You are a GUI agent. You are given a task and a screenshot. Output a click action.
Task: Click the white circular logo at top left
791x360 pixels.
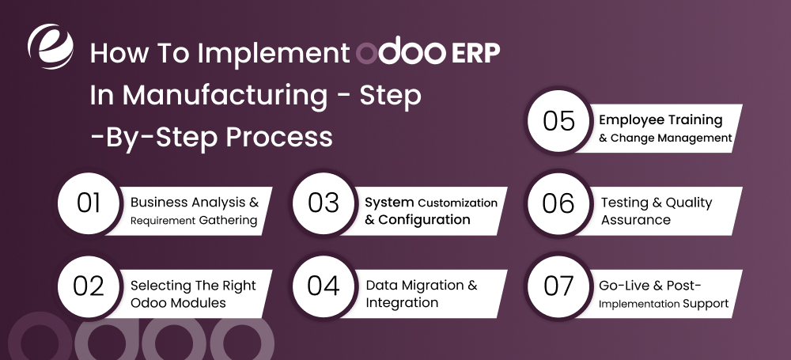point(50,47)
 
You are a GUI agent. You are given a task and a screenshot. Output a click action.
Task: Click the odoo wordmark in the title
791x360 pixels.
point(401,53)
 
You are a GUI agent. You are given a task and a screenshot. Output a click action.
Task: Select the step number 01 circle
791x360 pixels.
point(89,203)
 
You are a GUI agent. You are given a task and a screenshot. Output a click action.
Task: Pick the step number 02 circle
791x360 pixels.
point(89,286)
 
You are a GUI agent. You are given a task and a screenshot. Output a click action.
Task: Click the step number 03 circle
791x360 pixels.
point(323,203)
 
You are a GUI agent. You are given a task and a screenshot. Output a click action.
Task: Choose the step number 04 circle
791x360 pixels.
point(323,286)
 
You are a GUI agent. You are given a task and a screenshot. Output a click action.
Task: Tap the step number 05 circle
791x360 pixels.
point(558,121)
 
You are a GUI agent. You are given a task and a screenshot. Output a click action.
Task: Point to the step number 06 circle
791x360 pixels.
point(558,203)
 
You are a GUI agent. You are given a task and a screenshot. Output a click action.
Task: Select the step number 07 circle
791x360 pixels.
point(558,286)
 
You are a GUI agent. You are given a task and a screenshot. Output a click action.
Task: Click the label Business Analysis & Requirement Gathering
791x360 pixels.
point(194,210)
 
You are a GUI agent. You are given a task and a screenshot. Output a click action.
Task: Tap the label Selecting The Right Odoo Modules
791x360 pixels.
point(193,294)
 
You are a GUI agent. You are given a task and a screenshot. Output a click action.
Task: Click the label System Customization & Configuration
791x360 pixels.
point(430,211)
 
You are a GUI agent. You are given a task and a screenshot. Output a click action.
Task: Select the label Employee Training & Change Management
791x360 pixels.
point(664,128)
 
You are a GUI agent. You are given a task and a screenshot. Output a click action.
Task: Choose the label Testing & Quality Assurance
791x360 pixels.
point(657,211)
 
